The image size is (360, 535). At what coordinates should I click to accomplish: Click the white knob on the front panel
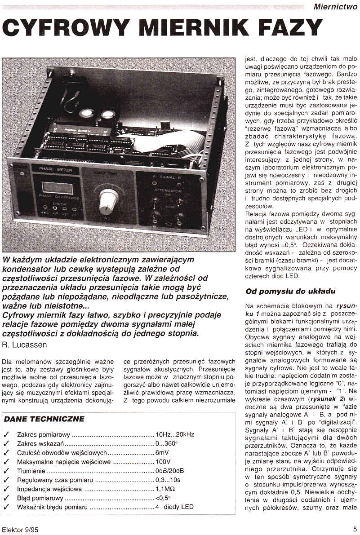108,203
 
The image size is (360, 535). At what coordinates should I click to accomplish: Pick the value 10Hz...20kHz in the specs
175,434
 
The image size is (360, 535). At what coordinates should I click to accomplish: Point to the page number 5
355,529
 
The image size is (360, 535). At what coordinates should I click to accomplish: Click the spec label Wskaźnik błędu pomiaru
52,507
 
